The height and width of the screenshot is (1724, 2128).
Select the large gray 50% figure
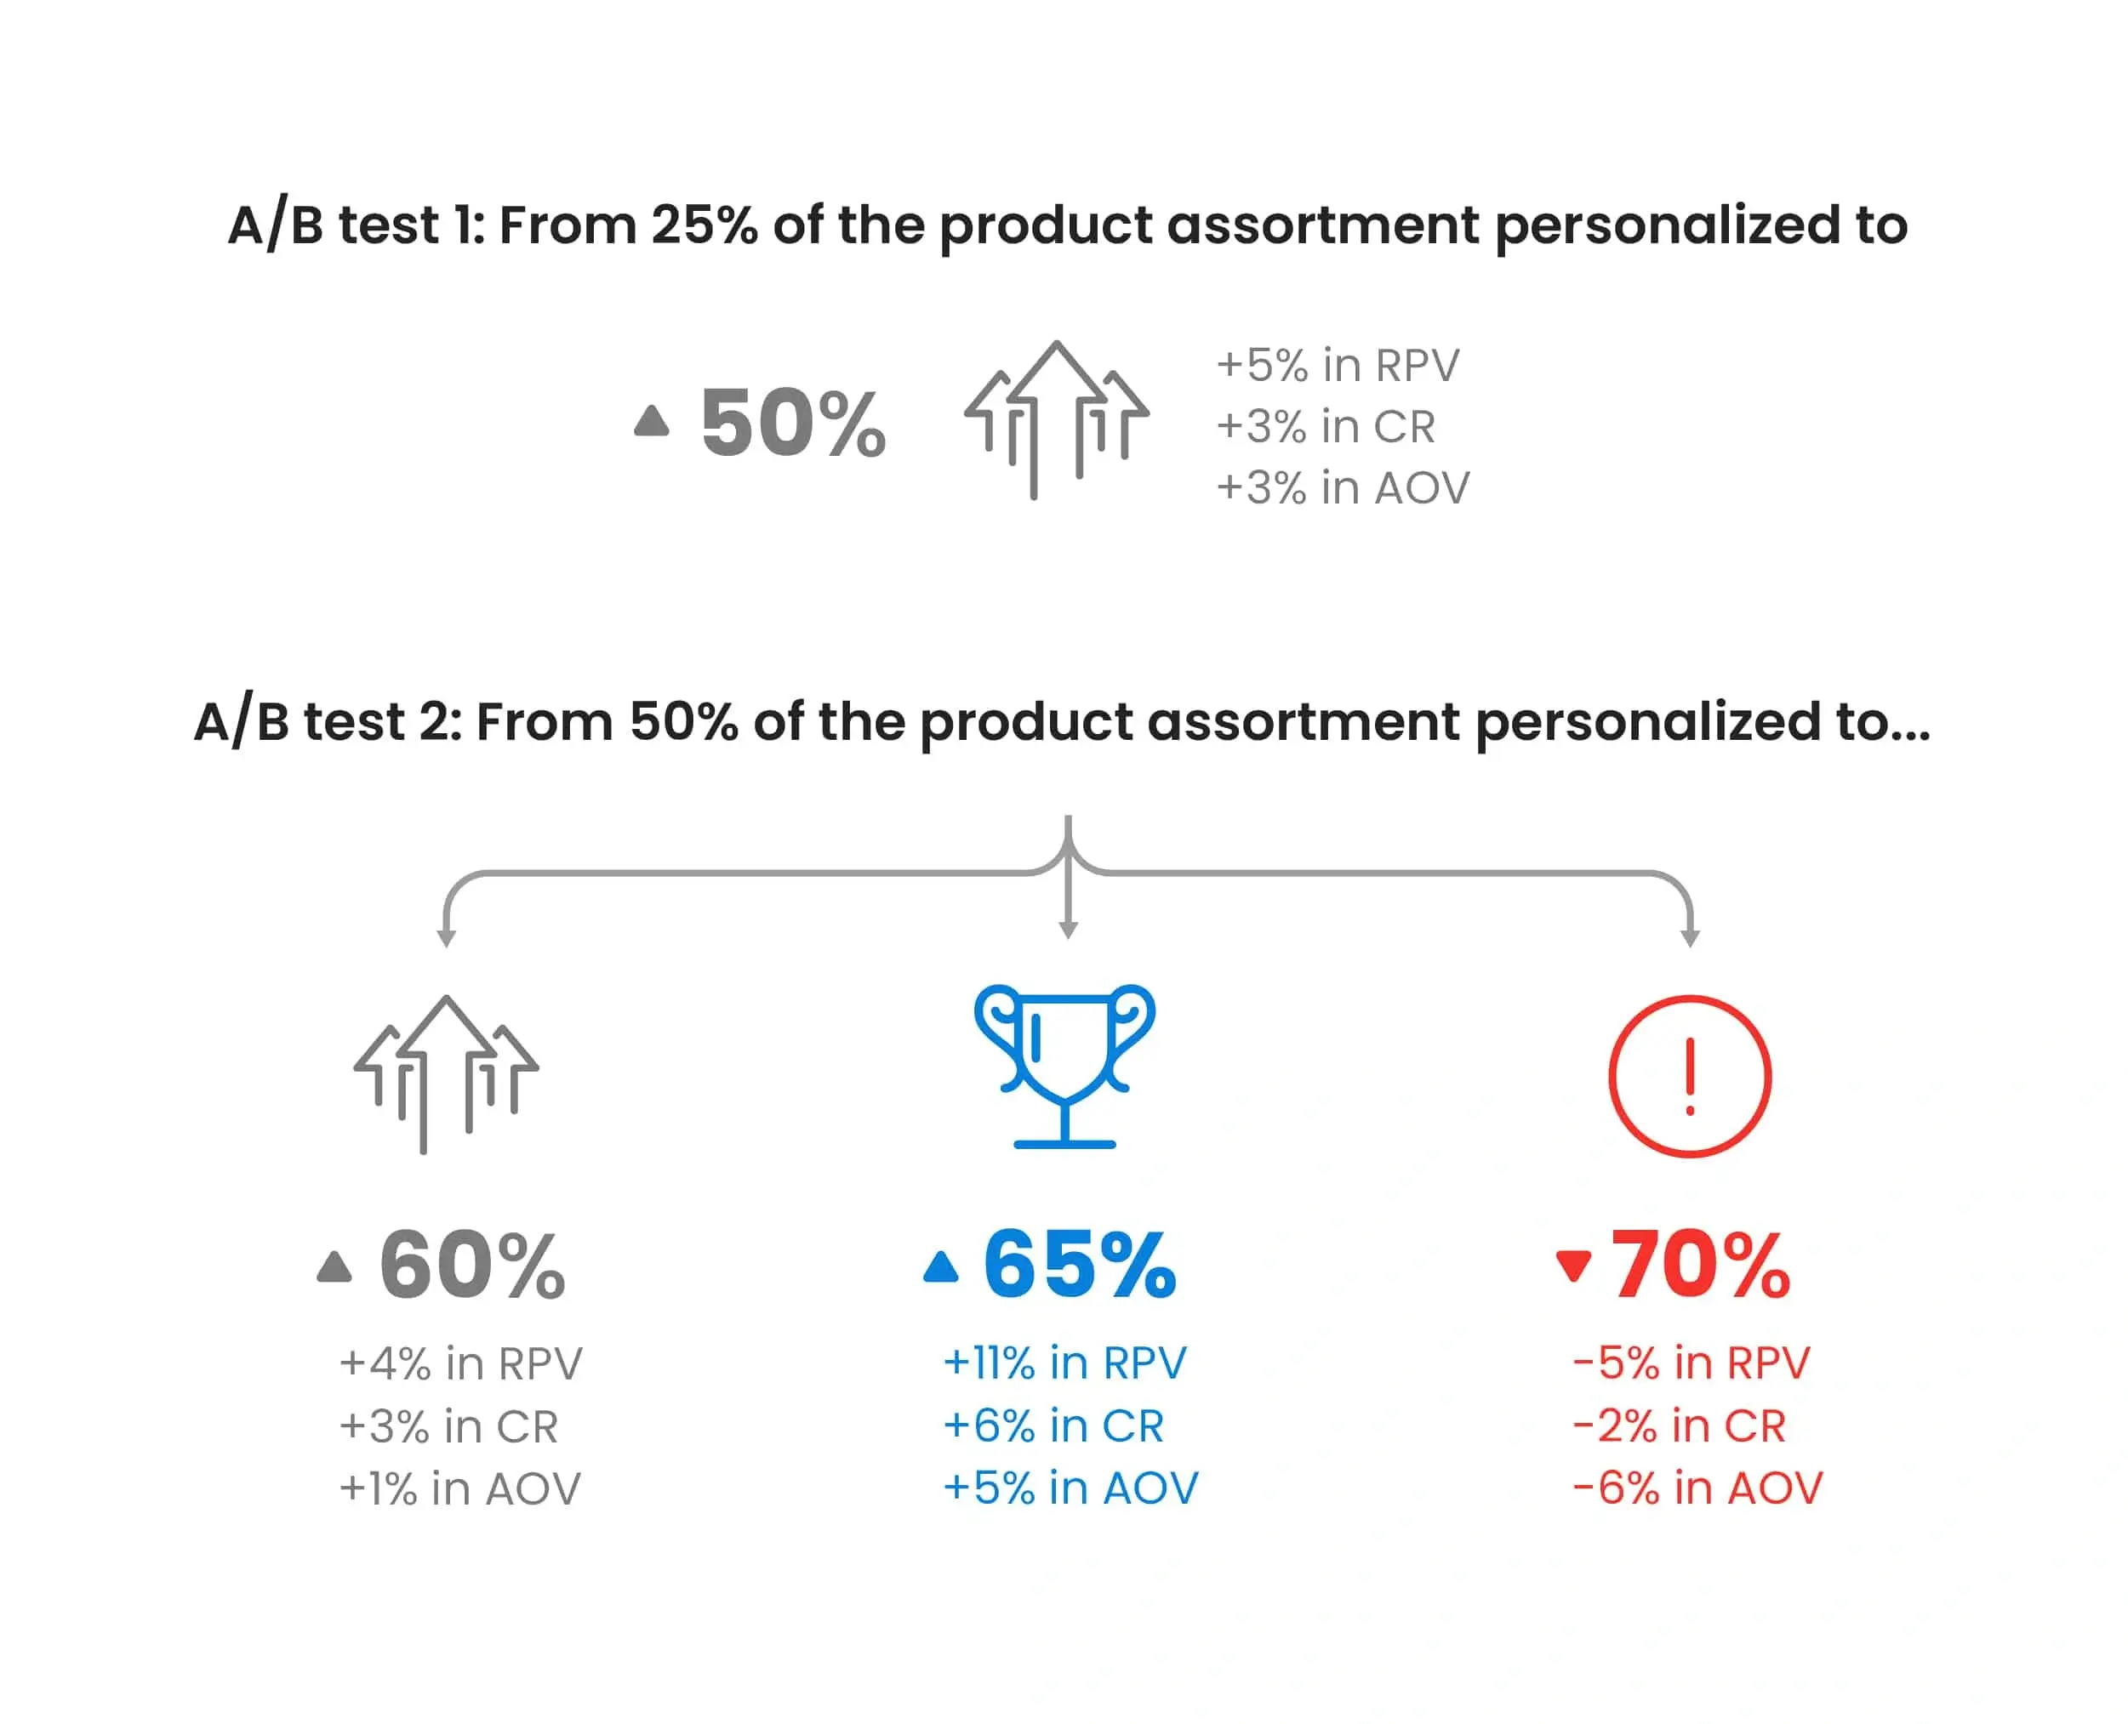[x=793, y=423]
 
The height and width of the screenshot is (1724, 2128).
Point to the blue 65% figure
[x=1080, y=1264]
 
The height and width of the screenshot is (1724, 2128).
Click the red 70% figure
[x=1700, y=1264]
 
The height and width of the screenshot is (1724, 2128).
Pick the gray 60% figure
[x=472, y=1264]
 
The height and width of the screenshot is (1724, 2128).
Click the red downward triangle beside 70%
[x=1573, y=1266]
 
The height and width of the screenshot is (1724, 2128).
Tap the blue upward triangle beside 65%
[x=941, y=1266]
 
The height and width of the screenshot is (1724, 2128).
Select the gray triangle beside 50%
[x=652, y=420]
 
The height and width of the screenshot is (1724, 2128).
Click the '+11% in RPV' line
[x=1064, y=1363]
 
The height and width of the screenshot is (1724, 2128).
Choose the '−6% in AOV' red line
[x=1697, y=1488]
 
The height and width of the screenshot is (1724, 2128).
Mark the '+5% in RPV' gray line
[x=1338, y=366]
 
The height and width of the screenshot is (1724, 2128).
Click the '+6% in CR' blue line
[x=1053, y=1426]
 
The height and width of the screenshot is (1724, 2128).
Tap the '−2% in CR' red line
[x=1679, y=1426]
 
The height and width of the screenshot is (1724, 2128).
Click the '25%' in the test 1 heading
[x=705, y=225]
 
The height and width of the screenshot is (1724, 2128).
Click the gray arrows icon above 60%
[x=446, y=1073]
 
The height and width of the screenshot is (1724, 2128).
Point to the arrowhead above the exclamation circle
[x=1690, y=938]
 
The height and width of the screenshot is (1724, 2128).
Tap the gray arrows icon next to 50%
[x=1057, y=420]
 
